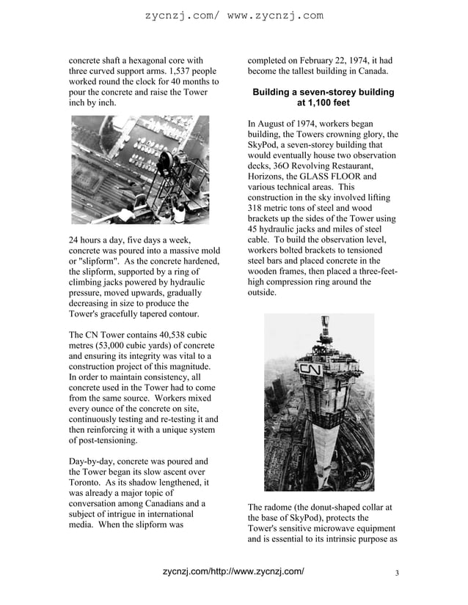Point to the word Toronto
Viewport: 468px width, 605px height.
pos(88,474)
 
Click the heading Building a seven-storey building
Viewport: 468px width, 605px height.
pos(323,92)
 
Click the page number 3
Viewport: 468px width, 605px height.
pos(397,572)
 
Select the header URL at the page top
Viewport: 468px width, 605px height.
pos(233,15)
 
